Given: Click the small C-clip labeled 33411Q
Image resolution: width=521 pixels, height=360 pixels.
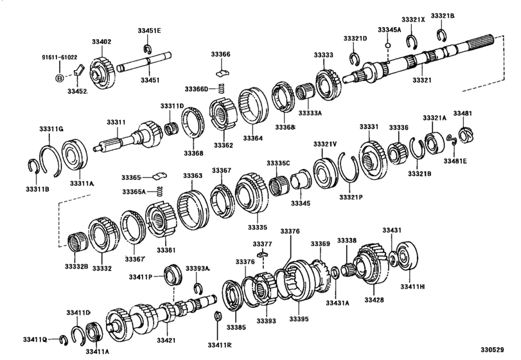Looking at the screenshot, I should pyautogui.click(x=64, y=338).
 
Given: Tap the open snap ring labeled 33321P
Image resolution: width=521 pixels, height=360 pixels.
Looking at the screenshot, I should pyautogui.click(x=349, y=172).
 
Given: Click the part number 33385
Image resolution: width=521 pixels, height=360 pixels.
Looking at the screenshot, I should pyautogui.click(x=235, y=327).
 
